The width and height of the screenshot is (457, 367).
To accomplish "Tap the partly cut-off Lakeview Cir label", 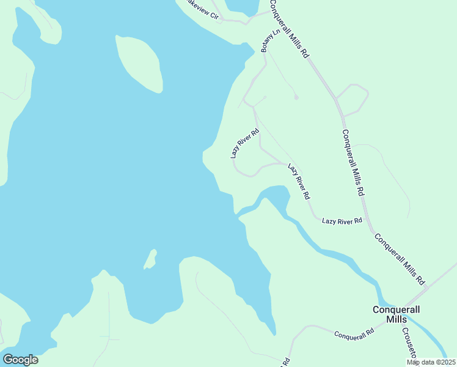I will (x=200, y=10).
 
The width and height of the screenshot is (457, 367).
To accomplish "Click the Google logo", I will (x=20, y=360).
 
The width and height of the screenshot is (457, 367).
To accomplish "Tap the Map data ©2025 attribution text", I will (x=430, y=362).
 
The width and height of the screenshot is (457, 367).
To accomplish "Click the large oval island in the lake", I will (x=139, y=63).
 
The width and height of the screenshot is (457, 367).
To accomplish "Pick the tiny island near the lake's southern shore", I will (x=150, y=259).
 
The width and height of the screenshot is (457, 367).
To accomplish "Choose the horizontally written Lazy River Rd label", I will (x=342, y=220).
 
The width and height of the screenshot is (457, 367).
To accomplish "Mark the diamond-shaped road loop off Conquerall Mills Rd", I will (x=352, y=99).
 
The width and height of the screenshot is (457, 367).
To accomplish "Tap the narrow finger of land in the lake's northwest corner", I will (x=46, y=24).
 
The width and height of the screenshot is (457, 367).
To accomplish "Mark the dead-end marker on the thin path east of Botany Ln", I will (x=296, y=97).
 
